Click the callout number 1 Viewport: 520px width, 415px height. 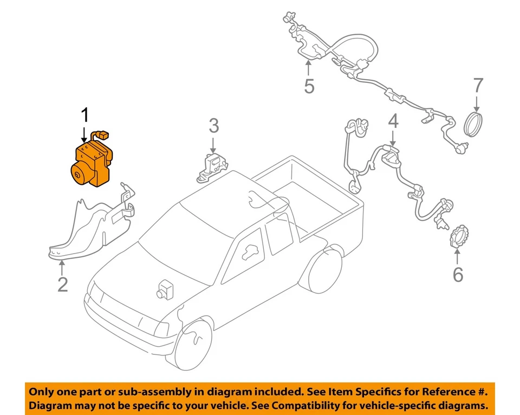(x=84, y=115)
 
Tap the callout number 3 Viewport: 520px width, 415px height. (x=214, y=126)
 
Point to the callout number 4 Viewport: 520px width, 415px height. (x=393, y=121)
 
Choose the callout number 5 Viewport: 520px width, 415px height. (x=309, y=86)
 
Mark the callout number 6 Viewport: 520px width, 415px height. (x=458, y=275)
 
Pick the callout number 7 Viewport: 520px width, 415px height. (x=478, y=85)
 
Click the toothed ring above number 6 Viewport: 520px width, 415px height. (x=459, y=238)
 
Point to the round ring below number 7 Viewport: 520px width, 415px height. (x=475, y=123)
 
